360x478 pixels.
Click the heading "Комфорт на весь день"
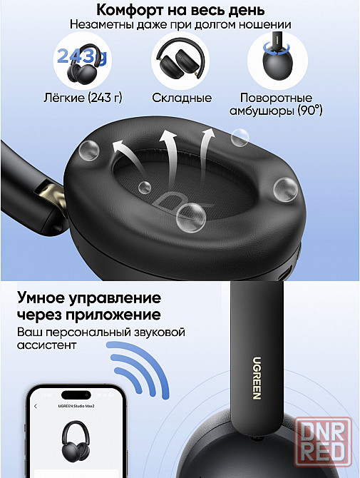tap(180, 10)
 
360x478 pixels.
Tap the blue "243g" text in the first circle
tap(82, 57)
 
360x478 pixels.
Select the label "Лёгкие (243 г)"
tap(83, 98)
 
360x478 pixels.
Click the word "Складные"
tap(182, 98)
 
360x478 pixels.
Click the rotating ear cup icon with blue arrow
tap(277, 58)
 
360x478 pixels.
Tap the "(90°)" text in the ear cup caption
tap(310, 111)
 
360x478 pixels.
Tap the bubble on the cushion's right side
tap(285, 189)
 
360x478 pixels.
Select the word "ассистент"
tap(46, 345)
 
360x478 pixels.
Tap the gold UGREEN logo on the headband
tap(257, 378)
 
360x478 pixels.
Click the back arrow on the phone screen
tap(36, 406)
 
